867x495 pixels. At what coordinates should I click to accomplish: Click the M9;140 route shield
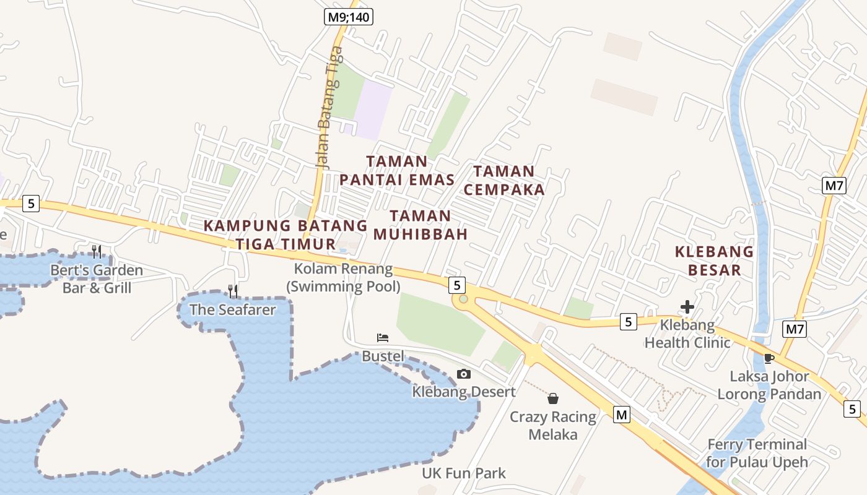349,17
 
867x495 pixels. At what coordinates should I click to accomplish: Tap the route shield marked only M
622,415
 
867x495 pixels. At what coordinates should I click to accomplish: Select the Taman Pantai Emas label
397,171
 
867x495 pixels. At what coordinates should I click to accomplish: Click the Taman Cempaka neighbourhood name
504,181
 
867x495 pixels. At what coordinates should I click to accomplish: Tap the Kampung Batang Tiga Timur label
285,235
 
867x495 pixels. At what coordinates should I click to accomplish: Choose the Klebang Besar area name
714,260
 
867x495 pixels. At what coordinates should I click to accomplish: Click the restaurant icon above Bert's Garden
97,251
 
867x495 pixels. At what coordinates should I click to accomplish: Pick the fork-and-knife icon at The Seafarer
233,291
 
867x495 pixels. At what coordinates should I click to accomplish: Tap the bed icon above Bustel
383,338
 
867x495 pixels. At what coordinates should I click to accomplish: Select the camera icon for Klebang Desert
463,374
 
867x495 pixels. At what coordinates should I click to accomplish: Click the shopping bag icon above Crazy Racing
553,398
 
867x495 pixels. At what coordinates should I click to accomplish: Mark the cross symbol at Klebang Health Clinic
687,306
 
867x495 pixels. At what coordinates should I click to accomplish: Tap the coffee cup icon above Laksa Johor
769,358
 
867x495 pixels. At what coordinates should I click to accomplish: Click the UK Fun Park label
464,473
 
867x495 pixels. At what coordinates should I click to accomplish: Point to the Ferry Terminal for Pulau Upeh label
757,453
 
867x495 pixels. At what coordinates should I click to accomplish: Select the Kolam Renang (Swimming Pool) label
343,277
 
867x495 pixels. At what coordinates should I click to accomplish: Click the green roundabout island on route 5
461,301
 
